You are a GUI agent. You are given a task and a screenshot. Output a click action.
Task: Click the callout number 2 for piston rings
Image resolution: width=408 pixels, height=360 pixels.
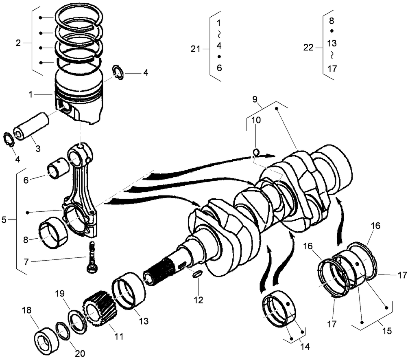tap(18, 43)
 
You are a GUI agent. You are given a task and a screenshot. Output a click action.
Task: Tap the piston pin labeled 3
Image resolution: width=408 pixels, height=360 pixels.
tap(31, 127)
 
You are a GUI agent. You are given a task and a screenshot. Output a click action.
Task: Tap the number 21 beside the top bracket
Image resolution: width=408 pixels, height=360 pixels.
tap(196, 49)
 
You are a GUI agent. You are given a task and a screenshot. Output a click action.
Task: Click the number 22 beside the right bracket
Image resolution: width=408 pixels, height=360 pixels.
tap(308, 48)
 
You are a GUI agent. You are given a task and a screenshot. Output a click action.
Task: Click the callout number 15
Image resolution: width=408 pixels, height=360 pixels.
tap(387, 331)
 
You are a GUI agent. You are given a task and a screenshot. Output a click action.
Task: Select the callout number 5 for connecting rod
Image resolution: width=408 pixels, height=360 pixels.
tap(4, 220)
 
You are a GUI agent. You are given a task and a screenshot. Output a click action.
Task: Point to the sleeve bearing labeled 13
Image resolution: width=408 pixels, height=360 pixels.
tap(129, 293)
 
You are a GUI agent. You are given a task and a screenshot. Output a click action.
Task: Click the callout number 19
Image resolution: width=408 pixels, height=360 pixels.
tap(59, 293)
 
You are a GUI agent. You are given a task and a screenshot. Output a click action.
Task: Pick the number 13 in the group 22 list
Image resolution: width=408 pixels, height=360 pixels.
tap(332, 43)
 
